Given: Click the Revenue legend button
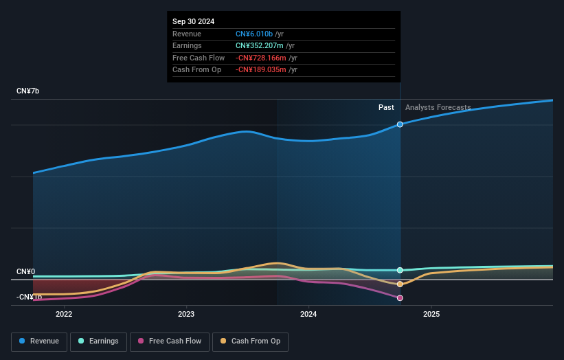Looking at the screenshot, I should (x=40, y=341).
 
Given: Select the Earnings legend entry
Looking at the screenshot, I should (x=98, y=341).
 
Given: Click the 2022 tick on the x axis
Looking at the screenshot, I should (x=64, y=315).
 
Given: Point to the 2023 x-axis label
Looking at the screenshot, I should (x=186, y=315).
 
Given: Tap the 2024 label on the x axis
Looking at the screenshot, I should (x=308, y=315).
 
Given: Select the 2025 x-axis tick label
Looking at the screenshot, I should (x=431, y=315).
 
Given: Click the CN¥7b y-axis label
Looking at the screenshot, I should (x=28, y=91).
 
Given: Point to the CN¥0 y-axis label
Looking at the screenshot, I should (x=26, y=272).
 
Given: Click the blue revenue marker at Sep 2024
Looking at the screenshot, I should (x=400, y=124).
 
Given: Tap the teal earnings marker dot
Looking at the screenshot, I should (x=400, y=270).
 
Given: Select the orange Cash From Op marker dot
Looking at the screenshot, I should (x=400, y=284).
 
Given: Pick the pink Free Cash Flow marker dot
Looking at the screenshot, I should (x=400, y=298).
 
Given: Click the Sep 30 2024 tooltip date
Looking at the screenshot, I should (x=194, y=21).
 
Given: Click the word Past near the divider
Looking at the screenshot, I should (x=386, y=107).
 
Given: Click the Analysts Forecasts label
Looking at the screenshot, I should (x=438, y=107).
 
